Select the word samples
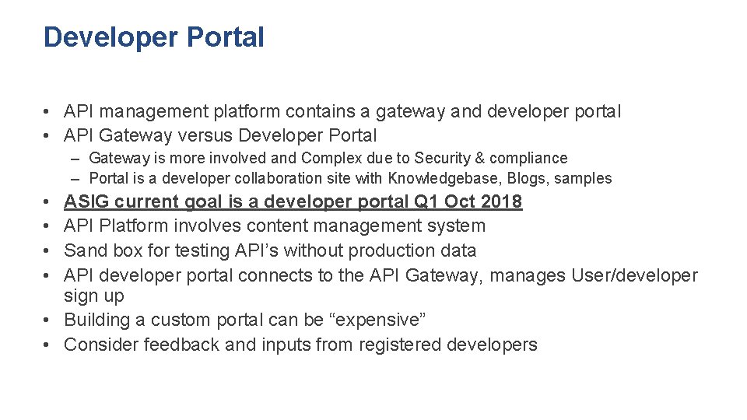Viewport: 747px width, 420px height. coord(584,179)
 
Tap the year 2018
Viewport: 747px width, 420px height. coord(502,202)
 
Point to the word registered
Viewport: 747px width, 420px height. coord(400,345)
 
